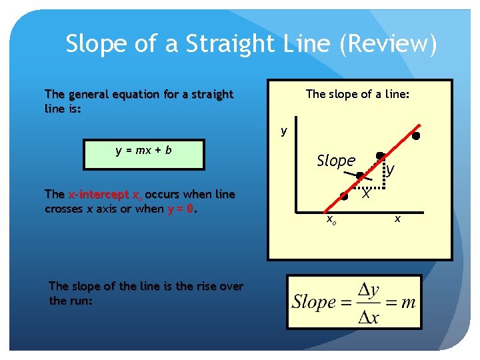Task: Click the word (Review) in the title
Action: pyautogui.click(x=388, y=45)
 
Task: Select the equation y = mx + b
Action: pyautogui.click(x=143, y=150)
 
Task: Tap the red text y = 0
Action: pyautogui.click(x=181, y=209)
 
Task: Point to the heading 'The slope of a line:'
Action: pyautogui.click(x=357, y=94)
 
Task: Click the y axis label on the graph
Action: pyautogui.click(x=283, y=131)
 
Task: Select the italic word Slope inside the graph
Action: pyautogui.click(x=336, y=161)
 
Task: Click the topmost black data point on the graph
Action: pyautogui.click(x=415, y=136)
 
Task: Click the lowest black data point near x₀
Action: pyautogui.click(x=344, y=196)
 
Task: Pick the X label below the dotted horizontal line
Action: pyautogui.click(x=366, y=193)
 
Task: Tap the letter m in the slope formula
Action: pyautogui.click(x=408, y=302)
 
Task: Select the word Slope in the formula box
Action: pyautogui.click(x=313, y=302)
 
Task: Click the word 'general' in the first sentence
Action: pyautogui.click(x=89, y=94)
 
